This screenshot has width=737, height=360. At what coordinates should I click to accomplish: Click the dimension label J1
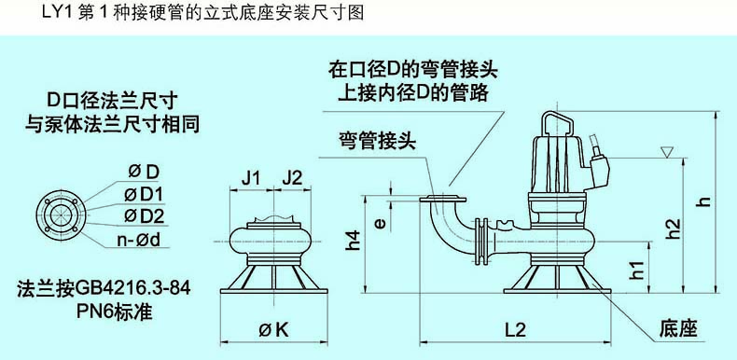pyautogui.click(x=250, y=176)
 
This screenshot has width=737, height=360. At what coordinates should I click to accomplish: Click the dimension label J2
pyautogui.click(x=292, y=176)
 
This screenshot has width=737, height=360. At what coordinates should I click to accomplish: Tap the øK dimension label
pyautogui.click(x=271, y=329)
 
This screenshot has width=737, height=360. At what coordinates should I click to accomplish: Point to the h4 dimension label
pyautogui.click(x=352, y=242)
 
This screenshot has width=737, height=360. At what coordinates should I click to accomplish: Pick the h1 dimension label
pyautogui.click(x=637, y=270)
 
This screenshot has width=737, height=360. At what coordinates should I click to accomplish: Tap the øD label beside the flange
pyautogui.click(x=144, y=172)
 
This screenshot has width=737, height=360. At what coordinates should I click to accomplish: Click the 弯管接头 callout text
pyautogui.click(x=377, y=140)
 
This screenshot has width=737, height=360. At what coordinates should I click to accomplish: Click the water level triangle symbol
pyautogui.click(x=665, y=151)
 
